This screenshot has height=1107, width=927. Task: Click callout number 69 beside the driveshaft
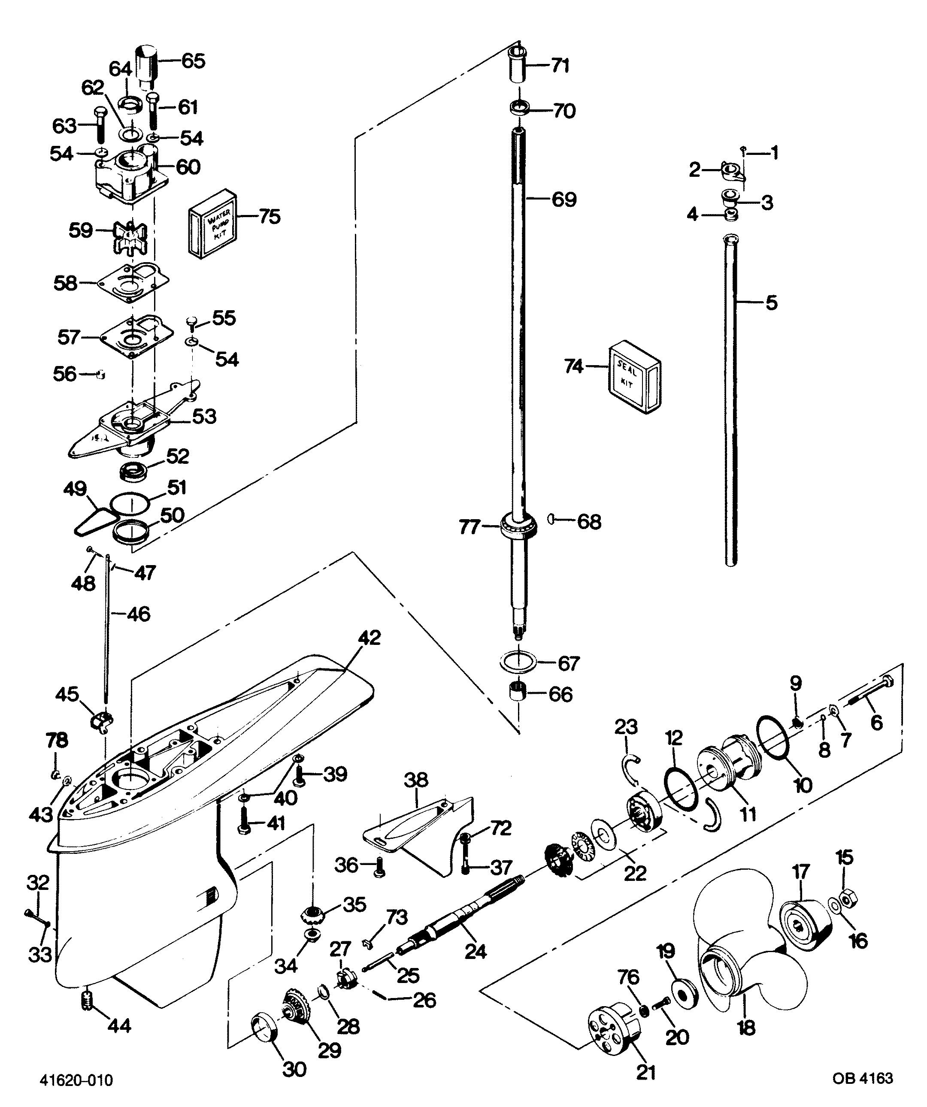tap(563, 200)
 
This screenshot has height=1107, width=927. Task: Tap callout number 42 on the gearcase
tap(369, 638)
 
